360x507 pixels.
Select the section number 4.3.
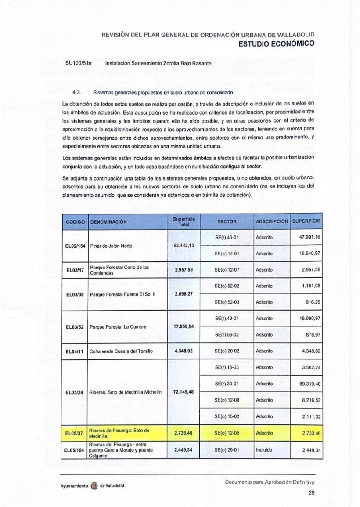78,93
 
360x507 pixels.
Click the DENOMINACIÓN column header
108,222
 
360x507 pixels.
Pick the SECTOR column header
227,222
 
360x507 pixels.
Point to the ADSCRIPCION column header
272,222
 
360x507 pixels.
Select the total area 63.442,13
184,245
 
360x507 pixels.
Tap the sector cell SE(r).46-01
227,237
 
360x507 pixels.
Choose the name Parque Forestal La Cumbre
118,327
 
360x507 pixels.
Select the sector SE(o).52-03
227,302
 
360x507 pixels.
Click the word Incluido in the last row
264,450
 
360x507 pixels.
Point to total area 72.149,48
184,392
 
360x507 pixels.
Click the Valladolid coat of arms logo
94,486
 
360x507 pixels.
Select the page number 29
311,493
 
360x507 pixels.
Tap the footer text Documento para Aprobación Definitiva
270,482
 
